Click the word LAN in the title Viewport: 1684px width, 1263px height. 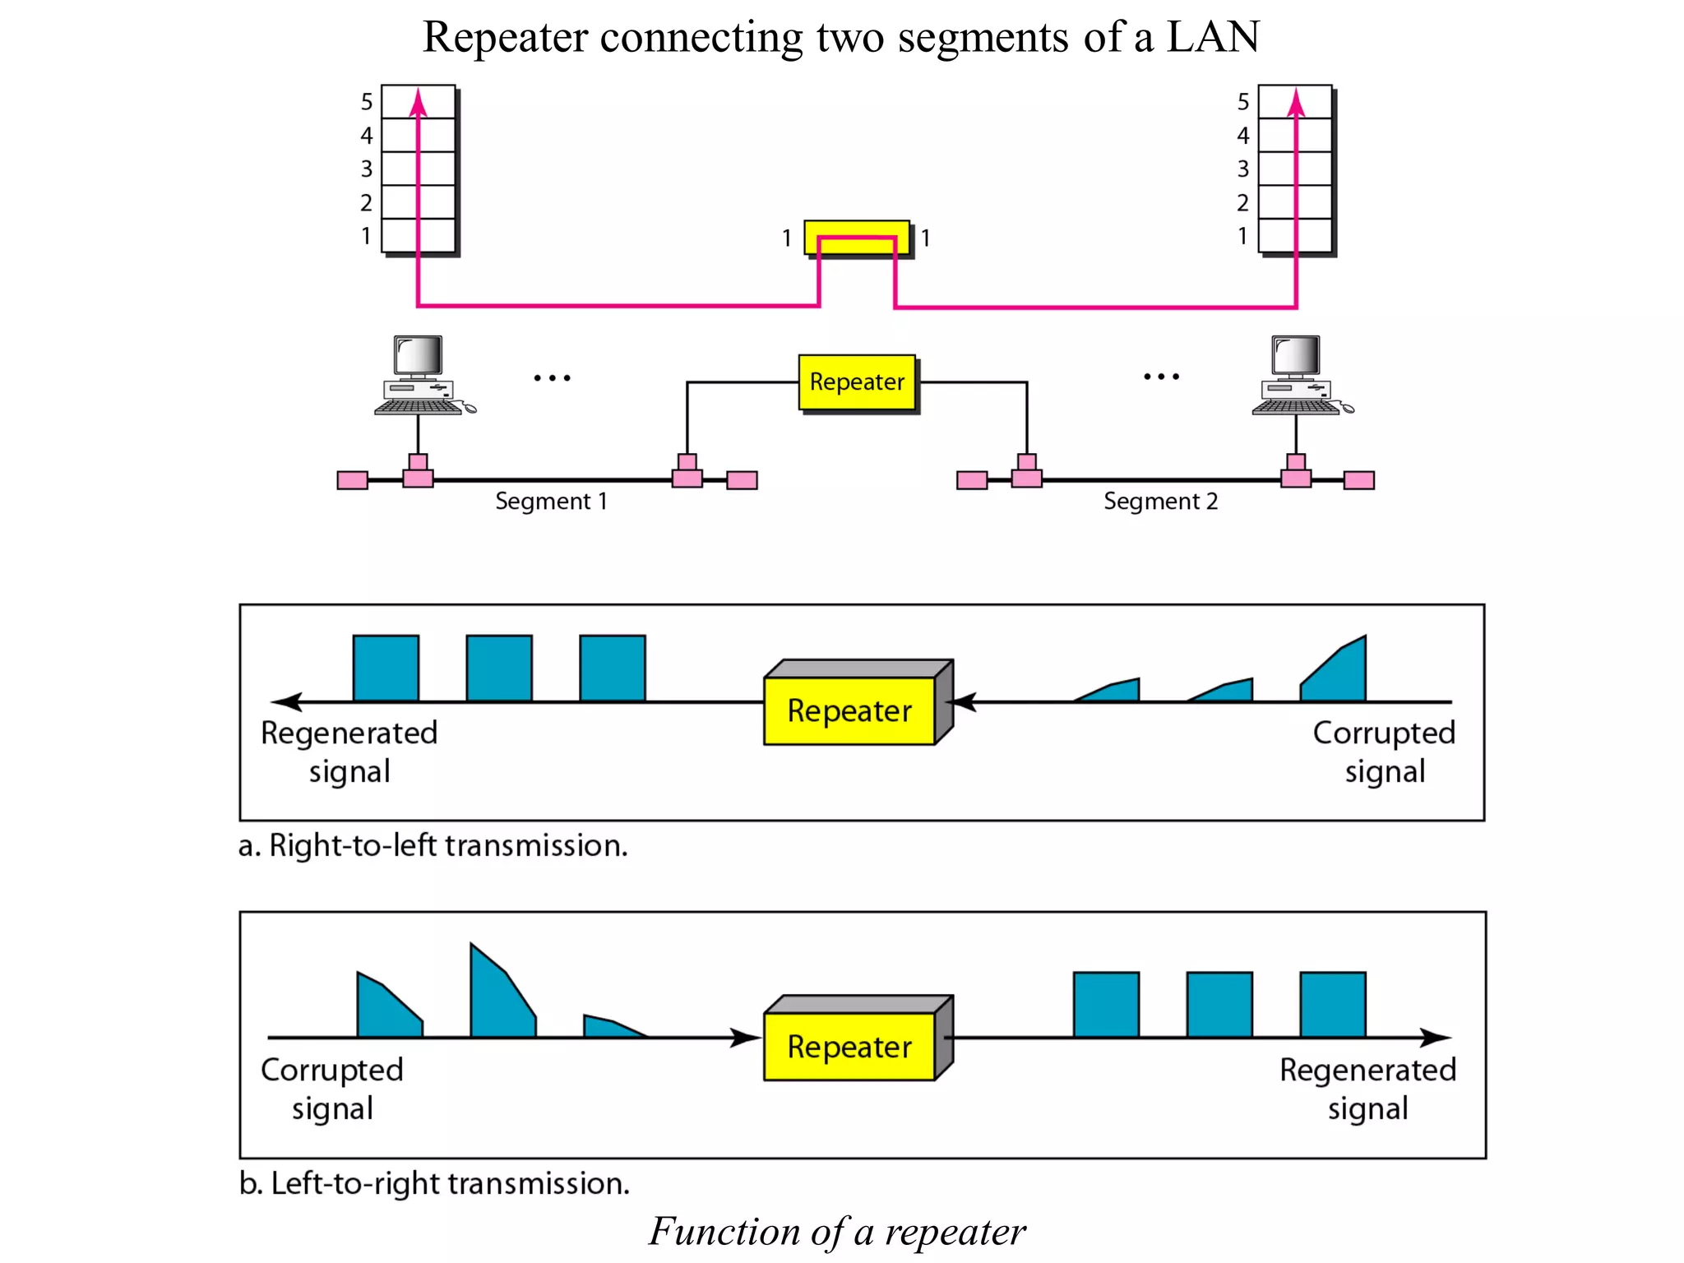pyautogui.click(x=1212, y=37)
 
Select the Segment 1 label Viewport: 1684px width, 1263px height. pyautogui.click(x=551, y=501)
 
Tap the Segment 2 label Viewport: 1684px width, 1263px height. pyautogui.click(x=1159, y=501)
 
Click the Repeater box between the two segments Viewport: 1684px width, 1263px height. pyautogui.click(x=857, y=382)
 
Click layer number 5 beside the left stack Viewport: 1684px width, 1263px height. pyautogui.click(x=367, y=102)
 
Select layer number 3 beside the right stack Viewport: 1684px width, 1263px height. pyautogui.click(x=1243, y=169)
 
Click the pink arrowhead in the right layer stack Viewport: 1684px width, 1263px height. pyautogui.click(x=1296, y=104)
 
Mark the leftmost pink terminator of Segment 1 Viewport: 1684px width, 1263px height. pyautogui.click(x=353, y=480)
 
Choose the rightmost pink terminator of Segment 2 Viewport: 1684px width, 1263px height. pyautogui.click(x=1358, y=480)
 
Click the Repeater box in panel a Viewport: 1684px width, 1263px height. pyautogui.click(x=850, y=710)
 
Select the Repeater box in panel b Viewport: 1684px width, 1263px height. pyautogui.click(x=850, y=1046)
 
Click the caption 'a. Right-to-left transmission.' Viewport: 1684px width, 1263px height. pyautogui.click(x=433, y=845)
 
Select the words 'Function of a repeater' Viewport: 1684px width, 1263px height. pyautogui.click(x=837, y=1231)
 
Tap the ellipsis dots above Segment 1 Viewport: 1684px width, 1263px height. pyautogui.click(x=552, y=378)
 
